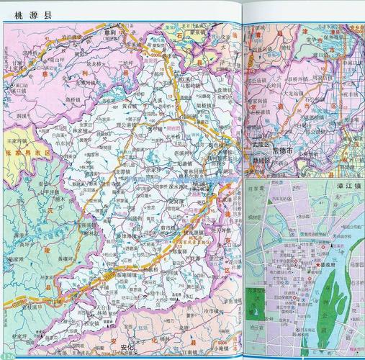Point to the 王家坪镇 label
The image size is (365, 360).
click(x=16, y=133)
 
